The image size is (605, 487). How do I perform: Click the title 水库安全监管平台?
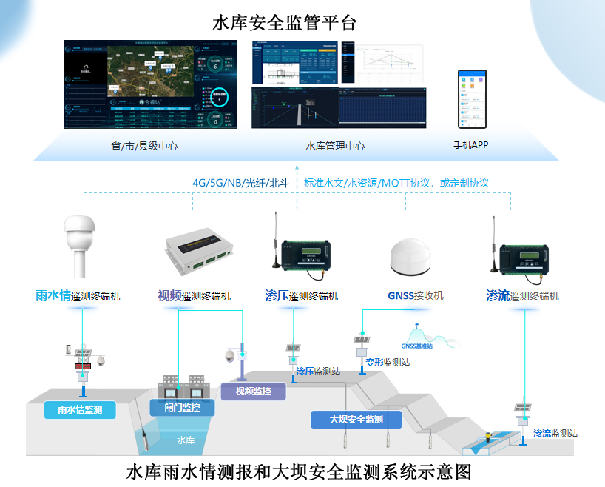pyautogui.click(x=285, y=23)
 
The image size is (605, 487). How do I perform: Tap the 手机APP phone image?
pyautogui.click(x=472, y=98)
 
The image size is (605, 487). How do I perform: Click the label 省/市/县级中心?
pyautogui.click(x=144, y=146)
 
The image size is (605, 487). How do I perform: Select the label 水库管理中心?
pyautogui.click(x=335, y=146)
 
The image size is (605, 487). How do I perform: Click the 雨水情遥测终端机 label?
pyautogui.click(x=78, y=296)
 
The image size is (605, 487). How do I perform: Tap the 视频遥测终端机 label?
pyautogui.click(x=194, y=296)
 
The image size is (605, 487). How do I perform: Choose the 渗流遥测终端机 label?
pyautogui.click(x=522, y=296)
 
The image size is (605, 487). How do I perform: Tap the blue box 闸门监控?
pyautogui.click(x=181, y=406)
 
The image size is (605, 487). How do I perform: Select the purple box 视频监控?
pyautogui.click(x=253, y=391)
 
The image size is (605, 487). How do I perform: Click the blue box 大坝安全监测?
pyautogui.click(x=356, y=420)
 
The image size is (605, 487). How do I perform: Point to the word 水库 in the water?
pyautogui.click(x=186, y=440)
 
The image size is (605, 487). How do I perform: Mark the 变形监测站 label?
pyautogui.click(x=388, y=363)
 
